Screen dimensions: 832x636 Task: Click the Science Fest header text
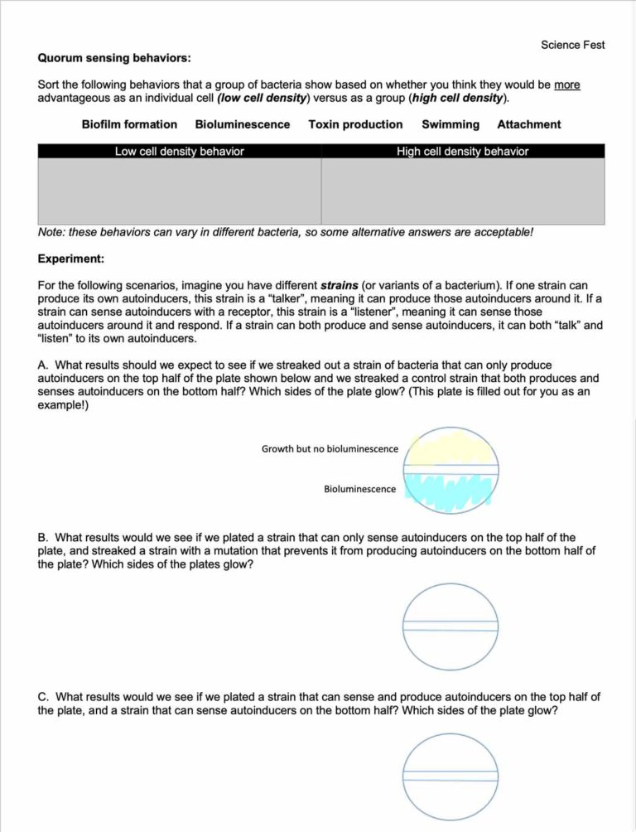(x=572, y=45)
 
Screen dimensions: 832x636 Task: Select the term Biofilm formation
(x=129, y=124)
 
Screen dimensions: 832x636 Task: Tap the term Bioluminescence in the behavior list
(x=243, y=124)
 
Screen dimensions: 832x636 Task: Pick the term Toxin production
(x=355, y=124)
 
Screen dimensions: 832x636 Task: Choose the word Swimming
(x=450, y=124)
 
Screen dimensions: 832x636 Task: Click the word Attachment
(x=528, y=124)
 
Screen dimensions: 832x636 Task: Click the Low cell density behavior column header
(x=179, y=151)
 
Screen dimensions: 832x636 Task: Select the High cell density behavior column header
(x=462, y=151)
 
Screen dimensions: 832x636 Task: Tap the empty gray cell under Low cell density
(x=179, y=191)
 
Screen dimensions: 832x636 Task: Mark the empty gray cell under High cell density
(x=462, y=191)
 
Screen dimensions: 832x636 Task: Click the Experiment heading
(x=70, y=259)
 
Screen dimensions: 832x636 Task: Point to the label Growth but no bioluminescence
(x=330, y=449)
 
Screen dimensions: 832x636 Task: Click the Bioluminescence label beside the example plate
(x=359, y=489)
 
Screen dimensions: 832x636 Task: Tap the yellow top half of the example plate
(x=450, y=448)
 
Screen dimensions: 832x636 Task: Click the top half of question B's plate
(x=450, y=603)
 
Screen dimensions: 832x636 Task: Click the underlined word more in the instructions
(x=566, y=85)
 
